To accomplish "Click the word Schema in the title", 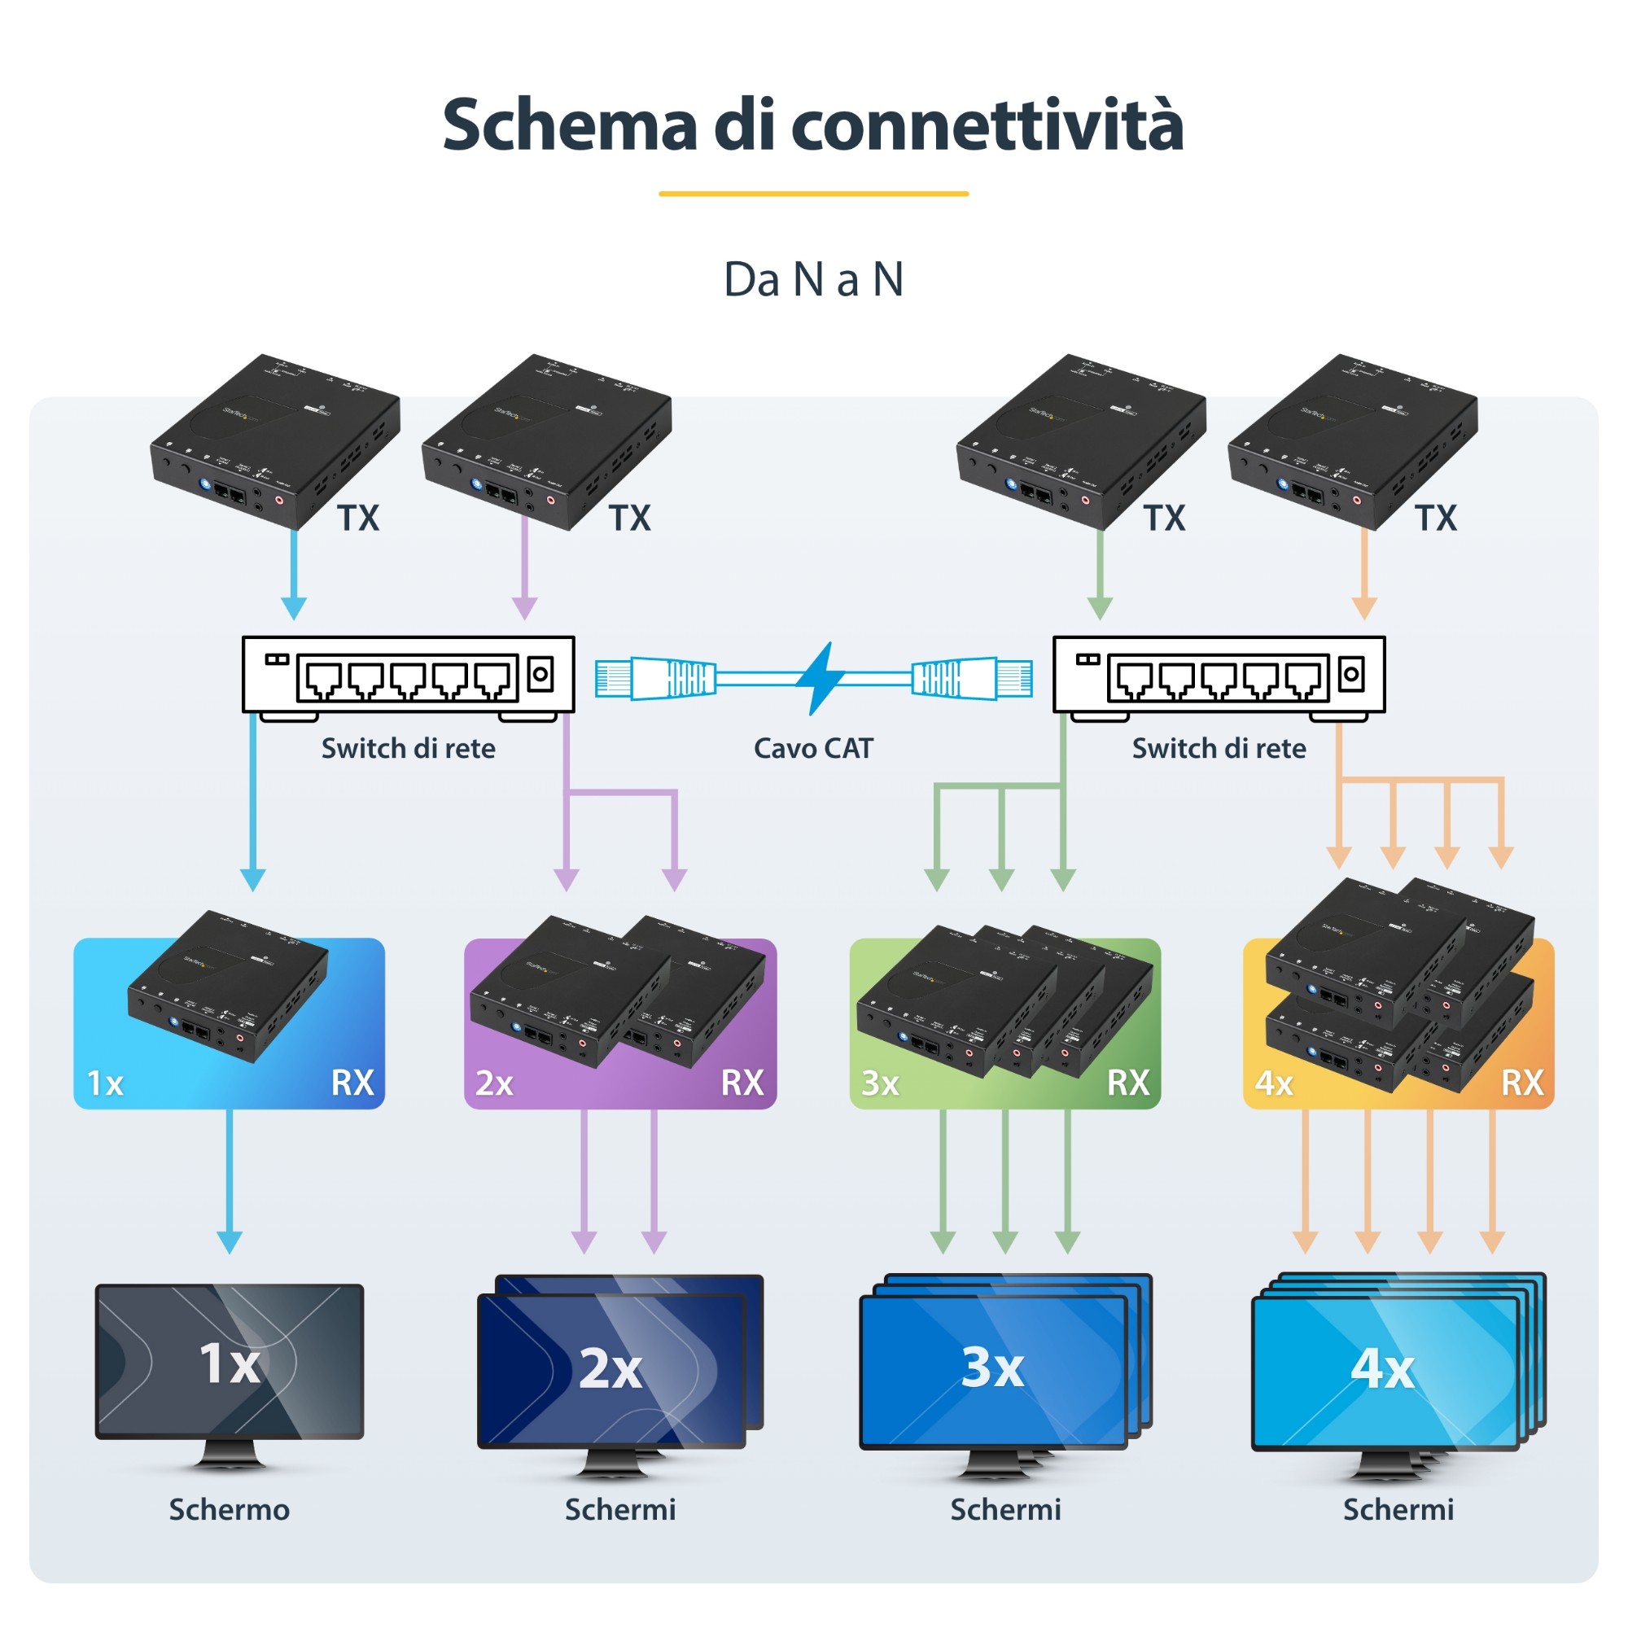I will pyautogui.click(x=570, y=125).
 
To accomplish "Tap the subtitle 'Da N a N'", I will pyautogui.click(x=813, y=280).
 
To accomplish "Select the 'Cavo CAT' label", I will pyautogui.click(x=813, y=748).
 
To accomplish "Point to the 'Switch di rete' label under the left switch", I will pyautogui.click(x=408, y=748).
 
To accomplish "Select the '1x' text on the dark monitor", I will pyautogui.click(x=230, y=1363).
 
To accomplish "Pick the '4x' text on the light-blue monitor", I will pyautogui.click(x=1382, y=1368).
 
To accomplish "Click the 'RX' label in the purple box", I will pyautogui.click(x=742, y=1083).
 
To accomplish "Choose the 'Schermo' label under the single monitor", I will pyautogui.click(x=230, y=1510).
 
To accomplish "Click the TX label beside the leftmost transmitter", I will pyautogui.click(x=358, y=519).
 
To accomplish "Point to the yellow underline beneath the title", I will pyautogui.click(x=813, y=194).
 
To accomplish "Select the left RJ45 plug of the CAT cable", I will pyautogui.click(x=655, y=679).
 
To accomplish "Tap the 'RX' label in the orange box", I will pyautogui.click(x=1521, y=1083).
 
